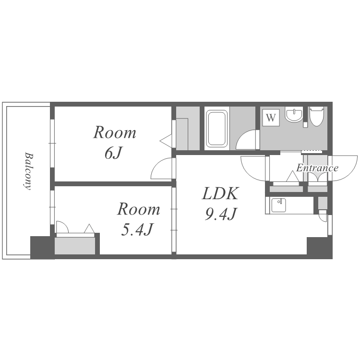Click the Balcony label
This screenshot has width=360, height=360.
pos(28,171)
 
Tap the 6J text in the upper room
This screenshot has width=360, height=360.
pos(113,153)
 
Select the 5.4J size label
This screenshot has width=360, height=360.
pos(137,229)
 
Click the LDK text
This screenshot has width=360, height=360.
pos(220,193)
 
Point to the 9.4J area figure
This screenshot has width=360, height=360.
pos(221,214)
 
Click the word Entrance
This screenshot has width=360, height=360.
pos(317,168)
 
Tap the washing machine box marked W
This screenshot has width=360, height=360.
pos(271,118)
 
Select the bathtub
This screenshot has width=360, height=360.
pos(217,128)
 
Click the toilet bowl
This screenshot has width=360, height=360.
pos(316,117)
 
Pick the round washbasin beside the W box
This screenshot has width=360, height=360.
pos(294,114)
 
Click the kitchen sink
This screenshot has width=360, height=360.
pos(279,205)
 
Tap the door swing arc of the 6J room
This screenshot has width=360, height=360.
pos(159,165)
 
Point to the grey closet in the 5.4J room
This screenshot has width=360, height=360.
pos(75,246)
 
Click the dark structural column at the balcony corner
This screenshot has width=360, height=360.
pos(40,247)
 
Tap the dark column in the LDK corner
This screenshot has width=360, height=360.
pos(319,248)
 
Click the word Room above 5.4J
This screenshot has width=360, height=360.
pos(138,209)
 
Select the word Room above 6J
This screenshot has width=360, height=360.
pos(114,132)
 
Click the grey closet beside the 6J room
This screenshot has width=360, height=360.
pos(188,128)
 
